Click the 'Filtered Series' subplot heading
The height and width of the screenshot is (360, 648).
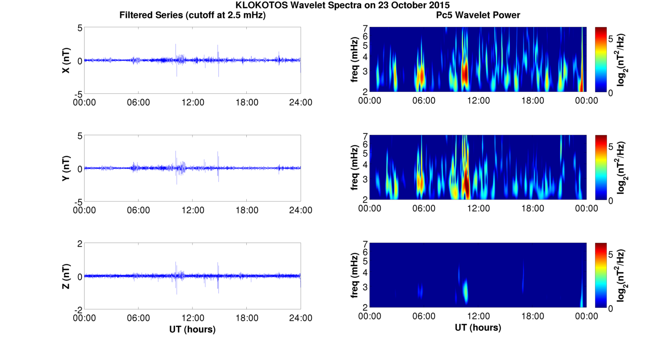coord(192,15)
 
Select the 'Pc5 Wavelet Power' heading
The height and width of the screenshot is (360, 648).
coord(478,15)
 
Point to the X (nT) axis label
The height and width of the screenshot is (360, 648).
coord(66,61)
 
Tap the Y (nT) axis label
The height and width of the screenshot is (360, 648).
coord(66,169)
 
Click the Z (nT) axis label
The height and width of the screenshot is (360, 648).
coord(66,276)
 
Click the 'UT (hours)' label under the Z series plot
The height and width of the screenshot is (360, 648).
coord(192,329)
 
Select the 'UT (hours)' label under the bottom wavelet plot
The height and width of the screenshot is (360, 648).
coord(478,327)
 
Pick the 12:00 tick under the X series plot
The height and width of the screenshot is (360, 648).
coord(192,102)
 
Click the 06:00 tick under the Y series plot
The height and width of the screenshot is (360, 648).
coord(138,210)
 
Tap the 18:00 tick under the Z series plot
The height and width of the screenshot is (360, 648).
coord(246,318)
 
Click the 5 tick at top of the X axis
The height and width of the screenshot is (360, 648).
coord(80,28)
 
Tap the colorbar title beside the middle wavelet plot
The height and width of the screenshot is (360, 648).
coord(622,168)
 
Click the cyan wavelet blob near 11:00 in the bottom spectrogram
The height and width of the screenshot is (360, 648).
coord(465,291)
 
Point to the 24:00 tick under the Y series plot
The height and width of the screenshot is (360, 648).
coord(300,210)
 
